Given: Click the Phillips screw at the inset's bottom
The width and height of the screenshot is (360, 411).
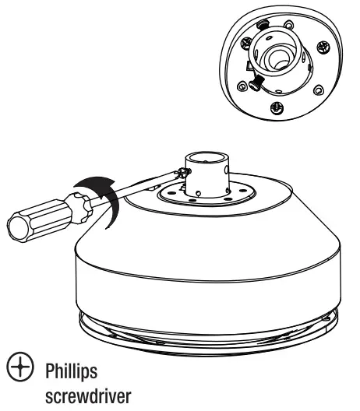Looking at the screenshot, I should (278, 107).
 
